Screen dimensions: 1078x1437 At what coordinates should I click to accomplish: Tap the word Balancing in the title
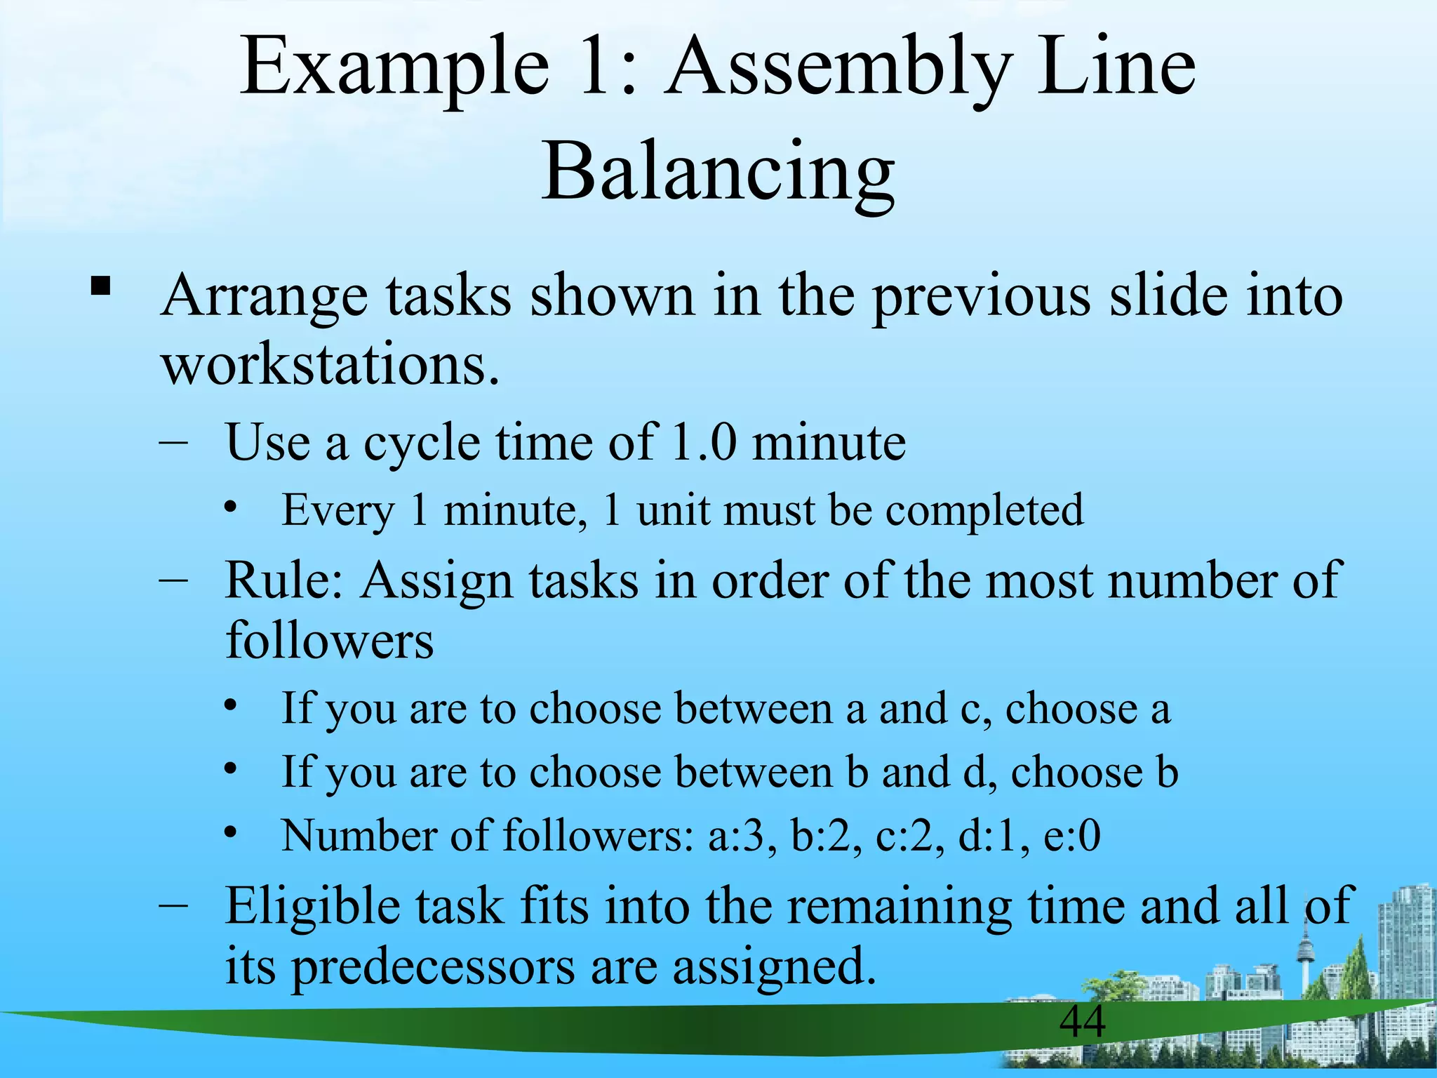(718, 172)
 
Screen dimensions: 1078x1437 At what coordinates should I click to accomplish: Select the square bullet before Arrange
(100, 287)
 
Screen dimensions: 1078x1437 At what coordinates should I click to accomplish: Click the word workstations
(330, 366)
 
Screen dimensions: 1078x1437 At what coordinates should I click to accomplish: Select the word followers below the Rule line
(329, 641)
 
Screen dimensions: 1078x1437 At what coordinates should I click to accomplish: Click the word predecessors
(433, 967)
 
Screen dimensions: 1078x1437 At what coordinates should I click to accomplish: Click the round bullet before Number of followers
(232, 833)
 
